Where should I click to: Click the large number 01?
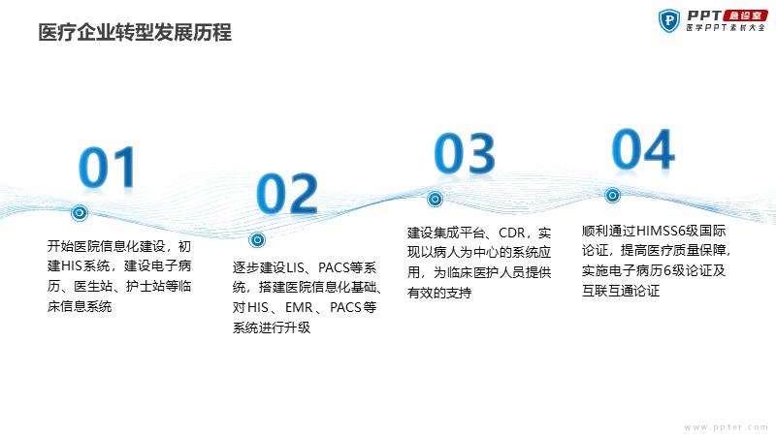click(108, 167)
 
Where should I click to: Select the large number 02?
click(287, 193)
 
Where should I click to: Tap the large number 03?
click(465, 153)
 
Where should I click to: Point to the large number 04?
click(643, 149)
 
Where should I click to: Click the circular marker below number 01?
click(80, 213)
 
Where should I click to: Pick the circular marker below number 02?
click(257, 240)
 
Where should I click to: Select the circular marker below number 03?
click(435, 200)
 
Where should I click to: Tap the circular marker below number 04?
click(612, 196)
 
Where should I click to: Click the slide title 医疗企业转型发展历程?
click(135, 33)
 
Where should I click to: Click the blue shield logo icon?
click(669, 21)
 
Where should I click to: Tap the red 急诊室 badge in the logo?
click(745, 16)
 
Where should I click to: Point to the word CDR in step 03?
click(512, 233)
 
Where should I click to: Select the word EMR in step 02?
click(299, 307)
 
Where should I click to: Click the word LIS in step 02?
click(296, 268)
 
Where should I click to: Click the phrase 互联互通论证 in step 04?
click(621, 291)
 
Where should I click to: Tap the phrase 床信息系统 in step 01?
click(80, 306)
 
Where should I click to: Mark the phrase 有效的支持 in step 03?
click(439, 293)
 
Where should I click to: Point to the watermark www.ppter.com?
click(726, 426)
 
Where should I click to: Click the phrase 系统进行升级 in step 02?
click(272, 327)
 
